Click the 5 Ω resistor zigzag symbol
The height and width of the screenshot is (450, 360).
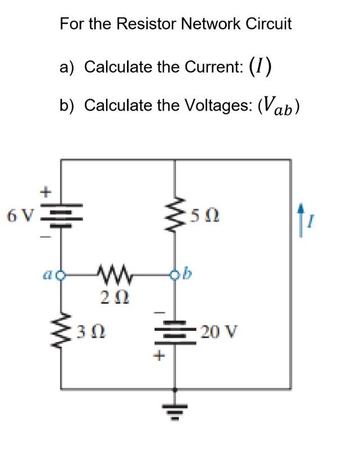175,215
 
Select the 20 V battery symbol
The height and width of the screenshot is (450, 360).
175,330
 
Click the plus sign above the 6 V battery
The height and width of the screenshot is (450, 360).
43,191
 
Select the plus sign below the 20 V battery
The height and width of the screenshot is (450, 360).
160,356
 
